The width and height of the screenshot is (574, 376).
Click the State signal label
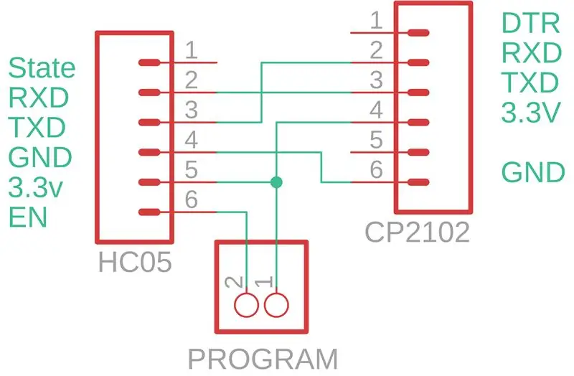(x=42, y=67)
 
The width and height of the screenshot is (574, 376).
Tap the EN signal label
(x=28, y=217)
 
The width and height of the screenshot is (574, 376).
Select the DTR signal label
(x=530, y=23)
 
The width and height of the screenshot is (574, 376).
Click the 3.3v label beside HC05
(x=35, y=188)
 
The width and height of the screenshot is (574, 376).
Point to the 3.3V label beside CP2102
(x=531, y=112)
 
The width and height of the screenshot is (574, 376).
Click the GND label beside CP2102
(x=533, y=172)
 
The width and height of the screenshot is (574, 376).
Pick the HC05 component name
(x=135, y=262)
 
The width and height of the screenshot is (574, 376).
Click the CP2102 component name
(x=417, y=232)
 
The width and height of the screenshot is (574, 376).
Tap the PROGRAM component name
(x=263, y=359)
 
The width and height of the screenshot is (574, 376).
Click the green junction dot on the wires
(x=276, y=182)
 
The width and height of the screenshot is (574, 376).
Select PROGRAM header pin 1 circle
(x=276, y=305)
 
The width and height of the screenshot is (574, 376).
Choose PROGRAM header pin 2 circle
(x=246, y=305)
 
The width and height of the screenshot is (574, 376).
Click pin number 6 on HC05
(x=192, y=199)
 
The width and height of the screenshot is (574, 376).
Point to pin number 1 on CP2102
(x=376, y=21)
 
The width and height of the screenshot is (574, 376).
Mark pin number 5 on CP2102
(x=376, y=140)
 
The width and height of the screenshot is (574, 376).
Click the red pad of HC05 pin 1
(x=149, y=62)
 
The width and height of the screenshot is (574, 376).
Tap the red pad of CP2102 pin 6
(x=418, y=182)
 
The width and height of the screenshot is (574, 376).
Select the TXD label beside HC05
(x=37, y=128)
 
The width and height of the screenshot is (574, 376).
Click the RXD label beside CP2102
(x=532, y=53)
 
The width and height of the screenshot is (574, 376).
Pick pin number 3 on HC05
(x=192, y=110)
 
